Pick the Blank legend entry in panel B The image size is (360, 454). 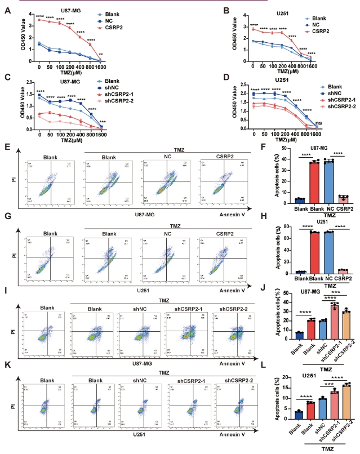326,18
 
